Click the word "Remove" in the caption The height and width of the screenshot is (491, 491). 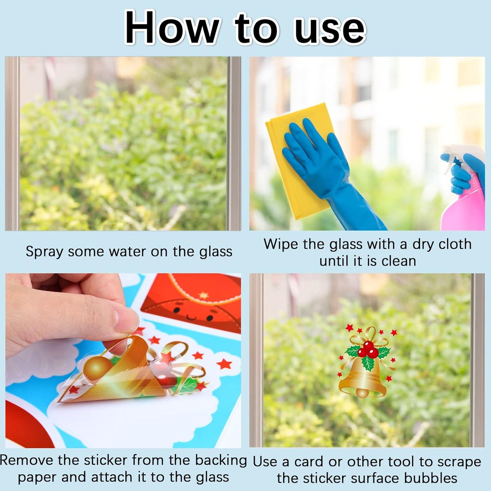(x=27, y=460)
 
